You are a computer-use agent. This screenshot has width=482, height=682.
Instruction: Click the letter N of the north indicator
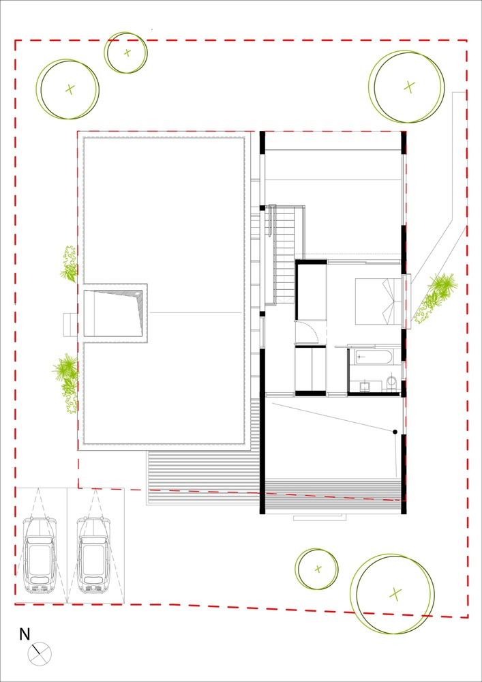[25, 634]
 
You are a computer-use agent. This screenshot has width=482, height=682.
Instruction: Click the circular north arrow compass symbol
[40, 654]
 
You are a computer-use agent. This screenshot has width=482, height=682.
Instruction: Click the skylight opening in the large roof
[114, 312]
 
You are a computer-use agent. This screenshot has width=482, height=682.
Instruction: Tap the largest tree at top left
[69, 89]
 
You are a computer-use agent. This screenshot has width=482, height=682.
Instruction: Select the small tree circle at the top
[126, 53]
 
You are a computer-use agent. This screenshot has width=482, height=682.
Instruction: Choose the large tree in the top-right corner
[408, 86]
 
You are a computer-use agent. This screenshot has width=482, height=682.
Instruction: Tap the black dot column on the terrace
[394, 432]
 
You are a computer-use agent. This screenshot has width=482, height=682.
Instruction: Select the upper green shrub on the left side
[68, 265]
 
